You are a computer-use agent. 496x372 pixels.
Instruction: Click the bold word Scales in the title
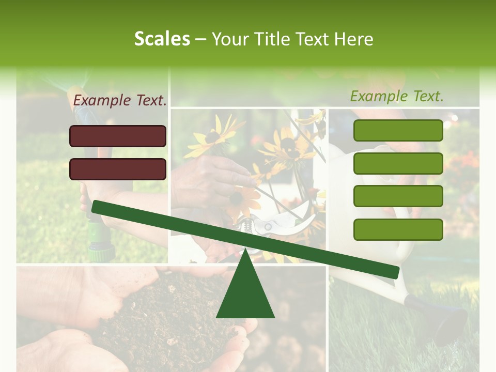click(x=162, y=39)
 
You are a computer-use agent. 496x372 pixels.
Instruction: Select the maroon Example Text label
click(x=120, y=101)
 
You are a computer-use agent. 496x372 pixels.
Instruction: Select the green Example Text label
click(x=397, y=96)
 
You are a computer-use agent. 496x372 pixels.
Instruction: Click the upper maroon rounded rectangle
click(x=118, y=136)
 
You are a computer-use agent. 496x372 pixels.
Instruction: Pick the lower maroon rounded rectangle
click(x=118, y=169)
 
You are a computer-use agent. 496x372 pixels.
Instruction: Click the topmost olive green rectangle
click(x=398, y=130)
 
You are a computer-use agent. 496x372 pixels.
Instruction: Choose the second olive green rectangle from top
click(x=398, y=163)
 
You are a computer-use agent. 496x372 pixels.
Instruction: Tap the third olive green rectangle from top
click(x=398, y=196)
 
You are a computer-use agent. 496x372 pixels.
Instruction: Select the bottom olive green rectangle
click(x=398, y=229)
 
